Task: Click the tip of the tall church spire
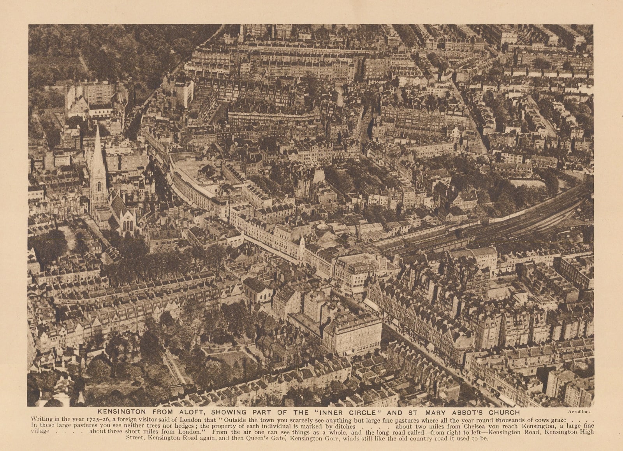click(97, 126)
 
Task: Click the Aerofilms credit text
click(580, 412)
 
